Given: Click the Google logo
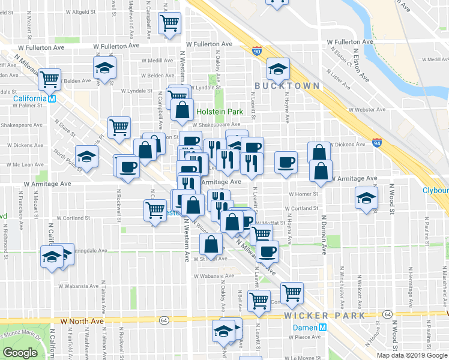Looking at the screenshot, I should [20, 353].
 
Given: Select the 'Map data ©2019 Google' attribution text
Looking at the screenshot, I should [411, 355].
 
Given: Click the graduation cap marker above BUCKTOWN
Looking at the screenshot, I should [279, 69].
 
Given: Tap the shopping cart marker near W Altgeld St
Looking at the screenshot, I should [170, 23].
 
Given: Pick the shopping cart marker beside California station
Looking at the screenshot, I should [49, 78].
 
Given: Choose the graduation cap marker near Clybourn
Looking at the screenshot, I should [366, 198].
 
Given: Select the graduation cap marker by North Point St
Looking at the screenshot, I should [87, 157].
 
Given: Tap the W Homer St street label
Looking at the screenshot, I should [303, 194].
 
